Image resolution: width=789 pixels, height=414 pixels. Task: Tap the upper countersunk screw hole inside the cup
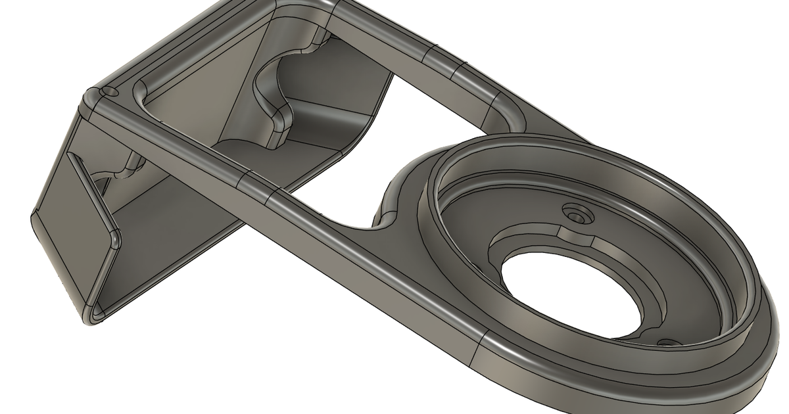577,215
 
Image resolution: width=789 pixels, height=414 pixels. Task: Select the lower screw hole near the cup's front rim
668,343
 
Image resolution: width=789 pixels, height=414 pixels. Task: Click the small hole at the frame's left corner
107,91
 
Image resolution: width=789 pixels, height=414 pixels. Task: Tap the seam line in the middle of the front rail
256,187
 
